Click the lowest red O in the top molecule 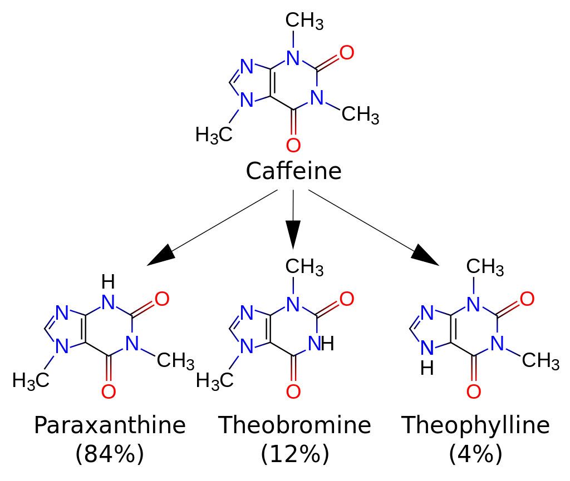coord(293,146)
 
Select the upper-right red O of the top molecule coord(347,53)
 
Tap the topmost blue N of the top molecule coord(293,58)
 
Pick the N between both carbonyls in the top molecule coord(317,98)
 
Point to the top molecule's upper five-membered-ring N coord(247,67)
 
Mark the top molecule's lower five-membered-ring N coord(247,101)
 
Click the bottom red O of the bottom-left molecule coord(109,392)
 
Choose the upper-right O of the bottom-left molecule coord(162,300)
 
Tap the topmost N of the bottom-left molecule coord(109,303)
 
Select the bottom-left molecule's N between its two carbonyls coord(132,344)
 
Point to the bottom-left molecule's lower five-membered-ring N coord(62,348)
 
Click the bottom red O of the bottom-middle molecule coord(293,392)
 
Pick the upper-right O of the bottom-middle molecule coord(347,300)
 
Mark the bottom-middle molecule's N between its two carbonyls coord(315,344)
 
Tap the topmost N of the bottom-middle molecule coord(293,305)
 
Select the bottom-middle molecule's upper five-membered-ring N coord(247,313)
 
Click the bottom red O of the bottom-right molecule coord(474,392)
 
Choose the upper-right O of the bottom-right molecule coord(527,300)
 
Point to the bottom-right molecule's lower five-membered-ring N coord(427,348)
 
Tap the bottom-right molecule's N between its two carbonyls coord(497,344)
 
